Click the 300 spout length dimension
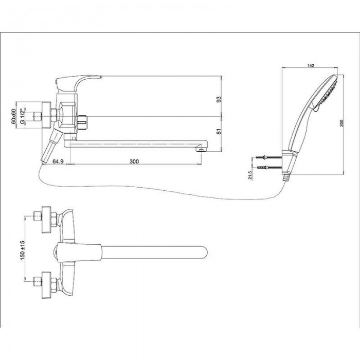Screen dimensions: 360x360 click(134, 161)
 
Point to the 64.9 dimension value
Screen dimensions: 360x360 click(58, 161)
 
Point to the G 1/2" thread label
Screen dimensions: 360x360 click(23, 117)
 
